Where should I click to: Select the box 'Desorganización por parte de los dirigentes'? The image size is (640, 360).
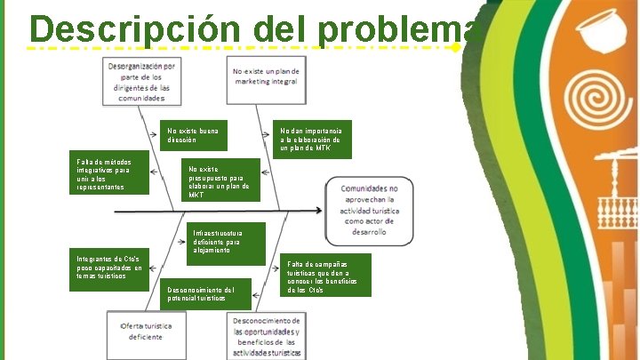(x=142, y=82)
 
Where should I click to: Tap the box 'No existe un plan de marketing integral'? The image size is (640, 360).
(x=268, y=77)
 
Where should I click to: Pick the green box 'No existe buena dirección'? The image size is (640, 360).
(x=192, y=134)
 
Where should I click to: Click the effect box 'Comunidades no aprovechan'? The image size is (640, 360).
(x=370, y=212)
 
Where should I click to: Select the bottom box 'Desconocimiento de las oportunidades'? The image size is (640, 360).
(x=267, y=336)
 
